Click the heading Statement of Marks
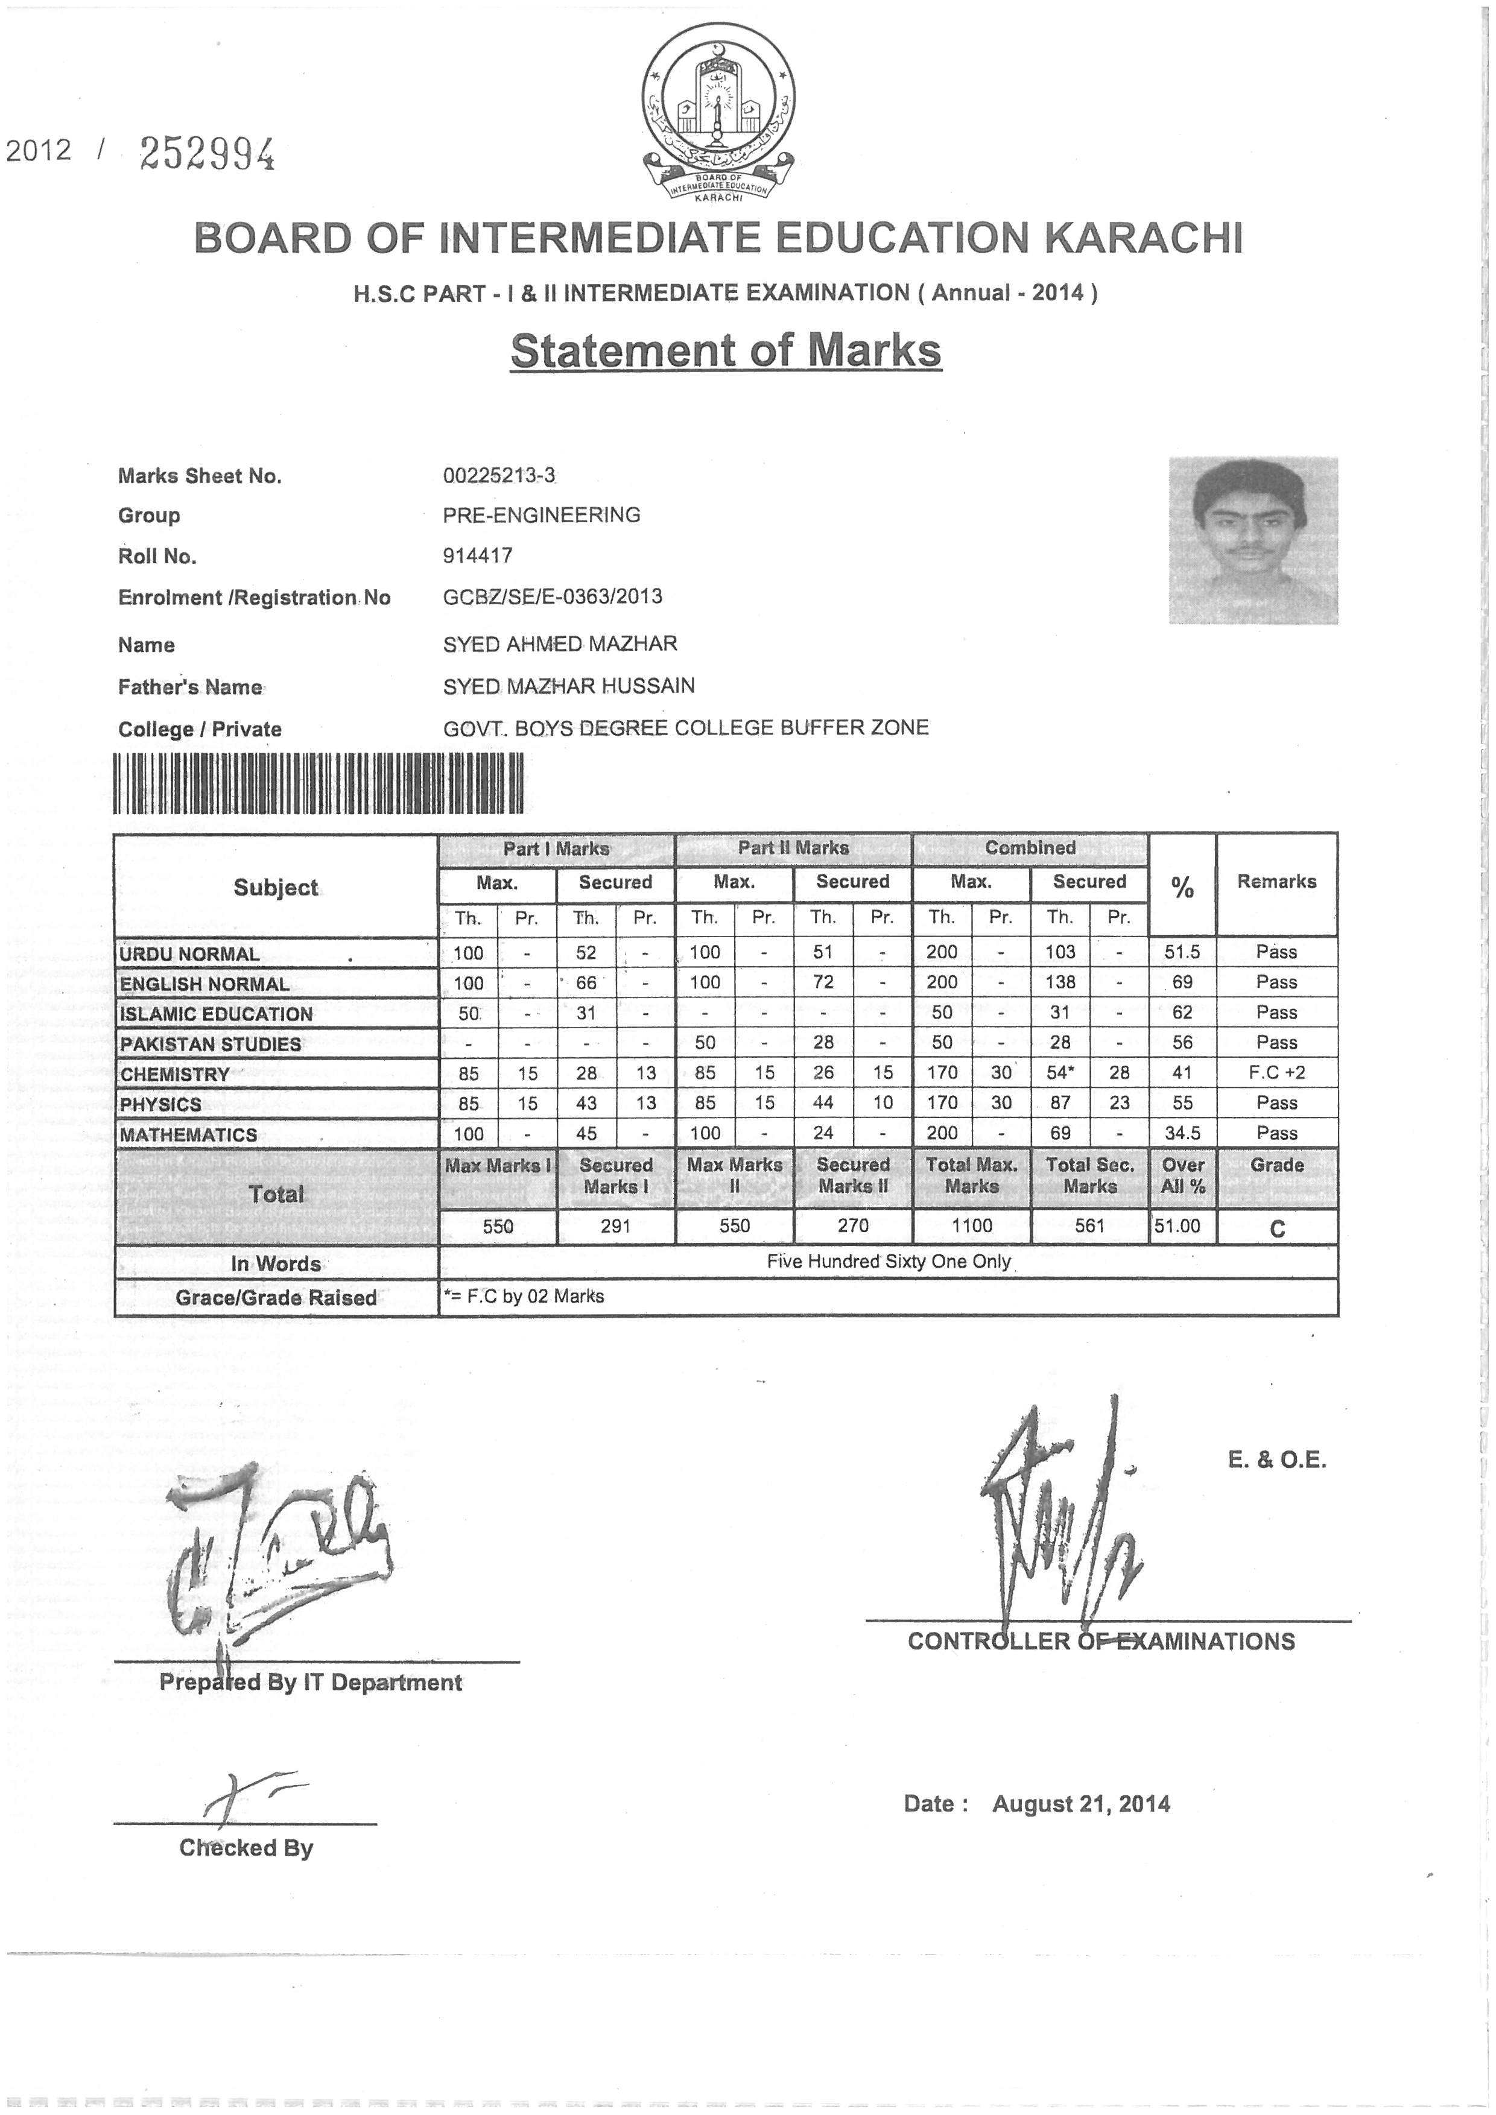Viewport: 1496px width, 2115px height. point(726,351)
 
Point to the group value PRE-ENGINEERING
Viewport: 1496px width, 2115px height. point(542,515)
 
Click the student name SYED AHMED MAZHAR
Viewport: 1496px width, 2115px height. point(560,644)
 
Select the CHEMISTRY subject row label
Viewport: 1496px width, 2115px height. point(175,1074)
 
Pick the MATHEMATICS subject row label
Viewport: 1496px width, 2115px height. point(189,1135)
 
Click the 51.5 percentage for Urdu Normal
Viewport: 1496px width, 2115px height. point(1182,952)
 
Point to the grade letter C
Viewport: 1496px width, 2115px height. point(1277,1229)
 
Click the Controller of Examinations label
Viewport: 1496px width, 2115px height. point(1101,1642)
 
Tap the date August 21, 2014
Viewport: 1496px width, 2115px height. point(1080,1804)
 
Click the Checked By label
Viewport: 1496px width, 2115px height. point(246,1848)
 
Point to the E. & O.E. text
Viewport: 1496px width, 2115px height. point(1277,1460)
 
